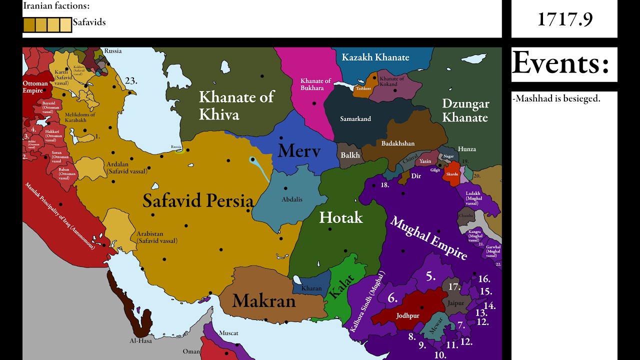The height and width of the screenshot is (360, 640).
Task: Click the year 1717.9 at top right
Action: pyautogui.click(x=564, y=19)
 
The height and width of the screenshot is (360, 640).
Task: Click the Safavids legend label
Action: pyautogui.click(x=89, y=22)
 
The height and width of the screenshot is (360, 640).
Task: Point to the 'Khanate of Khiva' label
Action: pyautogui.click(x=236, y=105)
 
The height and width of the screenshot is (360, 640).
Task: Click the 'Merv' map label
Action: pyautogui.click(x=298, y=150)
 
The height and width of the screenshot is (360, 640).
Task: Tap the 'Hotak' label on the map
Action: pyautogui.click(x=341, y=217)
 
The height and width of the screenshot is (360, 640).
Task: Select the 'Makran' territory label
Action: pyautogui.click(x=264, y=300)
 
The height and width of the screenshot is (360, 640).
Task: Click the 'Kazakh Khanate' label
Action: pyautogui.click(x=375, y=57)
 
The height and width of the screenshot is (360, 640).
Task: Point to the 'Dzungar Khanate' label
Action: pyautogui.click(x=465, y=110)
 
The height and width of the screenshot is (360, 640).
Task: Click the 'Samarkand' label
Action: pyautogui.click(x=355, y=119)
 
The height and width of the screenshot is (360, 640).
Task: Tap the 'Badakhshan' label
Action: pyautogui.click(x=398, y=143)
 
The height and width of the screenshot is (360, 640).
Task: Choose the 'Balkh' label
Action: pyautogui.click(x=350, y=155)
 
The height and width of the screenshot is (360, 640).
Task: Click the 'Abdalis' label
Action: pyautogui.click(x=292, y=199)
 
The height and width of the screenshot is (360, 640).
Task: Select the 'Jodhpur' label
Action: pyautogui.click(x=407, y=316)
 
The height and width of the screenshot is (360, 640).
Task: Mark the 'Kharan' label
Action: pyautogui.click(x=312, y=288)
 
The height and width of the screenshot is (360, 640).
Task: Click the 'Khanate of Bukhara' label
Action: pyautogui.click(x=315, y=84)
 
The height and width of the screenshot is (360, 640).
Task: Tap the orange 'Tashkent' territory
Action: pyautogui.click(x=363, y=88)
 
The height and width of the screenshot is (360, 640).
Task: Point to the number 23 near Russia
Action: pyautogui.click(x=131, y=81)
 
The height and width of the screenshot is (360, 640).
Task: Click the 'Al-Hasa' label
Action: pyautogui.click(x=141, y=340)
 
